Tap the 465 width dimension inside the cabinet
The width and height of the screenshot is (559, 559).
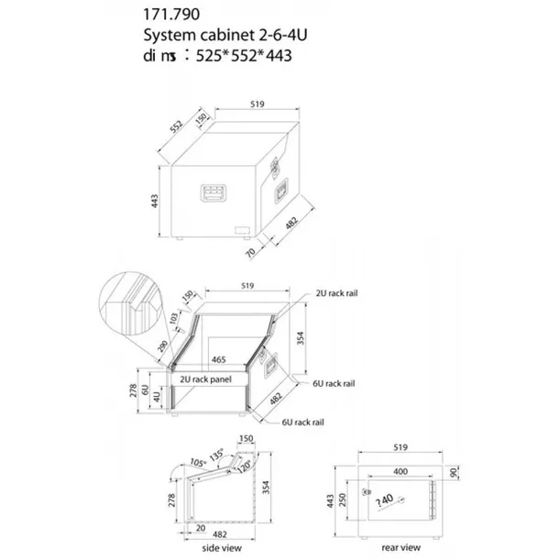point(219,360)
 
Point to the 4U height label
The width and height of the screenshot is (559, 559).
point(157,396)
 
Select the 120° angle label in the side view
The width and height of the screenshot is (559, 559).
point(244,465)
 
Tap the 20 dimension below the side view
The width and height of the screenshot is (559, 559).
point(200,529)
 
